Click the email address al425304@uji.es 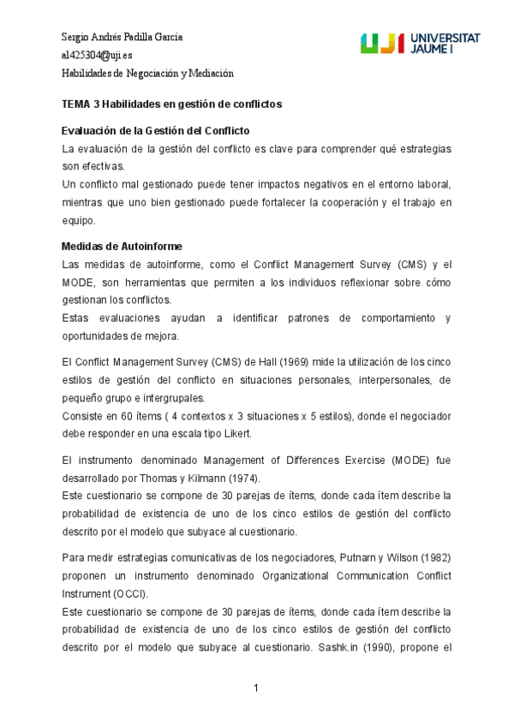pyautogui.click(x=98, y=55)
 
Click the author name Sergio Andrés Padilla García pyautogui.click(x=123, y=37)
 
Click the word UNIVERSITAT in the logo pyautogui.click(x=445, y=39)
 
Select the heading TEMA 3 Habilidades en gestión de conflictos pyautogui.click(x=172, y=104)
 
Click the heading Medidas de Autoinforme pyautogui.click(x=122, y=246)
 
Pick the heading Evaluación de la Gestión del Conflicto pyautogui.click(x=155, y=131)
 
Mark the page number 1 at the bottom pyautogui.click(x=256, y=688)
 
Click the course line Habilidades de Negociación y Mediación pyautogui.click(x=147, y=74)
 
